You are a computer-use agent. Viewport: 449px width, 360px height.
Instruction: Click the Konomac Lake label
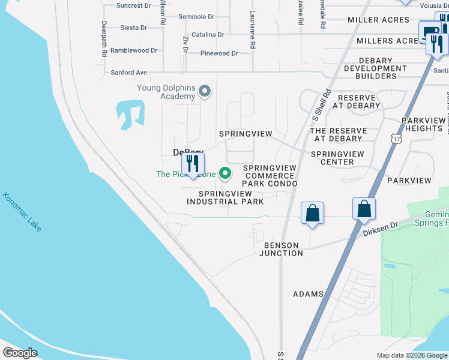pos(22,212)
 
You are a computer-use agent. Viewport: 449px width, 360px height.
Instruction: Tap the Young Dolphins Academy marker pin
pos(205,92)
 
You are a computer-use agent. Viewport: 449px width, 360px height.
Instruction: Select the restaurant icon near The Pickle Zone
pos(193,164)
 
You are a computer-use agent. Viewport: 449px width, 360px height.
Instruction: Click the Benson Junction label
pos(281,249)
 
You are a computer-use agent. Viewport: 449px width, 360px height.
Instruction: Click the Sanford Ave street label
pos(128,73)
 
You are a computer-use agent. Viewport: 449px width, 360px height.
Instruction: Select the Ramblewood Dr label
pos(133,50)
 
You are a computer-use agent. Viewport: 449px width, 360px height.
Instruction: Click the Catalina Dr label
pos(207,35)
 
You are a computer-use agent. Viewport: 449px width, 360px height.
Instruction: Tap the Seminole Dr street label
pos(194,17)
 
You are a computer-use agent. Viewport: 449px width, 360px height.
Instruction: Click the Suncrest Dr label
pos(133,5)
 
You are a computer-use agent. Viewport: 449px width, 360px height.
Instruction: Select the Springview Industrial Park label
pos(225,197)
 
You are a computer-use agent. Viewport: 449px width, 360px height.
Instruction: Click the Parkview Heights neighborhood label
pos(423,124)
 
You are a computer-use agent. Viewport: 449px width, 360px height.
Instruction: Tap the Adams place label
pos(308,294)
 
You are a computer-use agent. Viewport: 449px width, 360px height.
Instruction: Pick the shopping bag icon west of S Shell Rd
pos(312,214)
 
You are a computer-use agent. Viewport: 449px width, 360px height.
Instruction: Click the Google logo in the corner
pos(20,353)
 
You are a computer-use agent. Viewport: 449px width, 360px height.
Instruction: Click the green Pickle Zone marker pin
pos(226,174)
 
